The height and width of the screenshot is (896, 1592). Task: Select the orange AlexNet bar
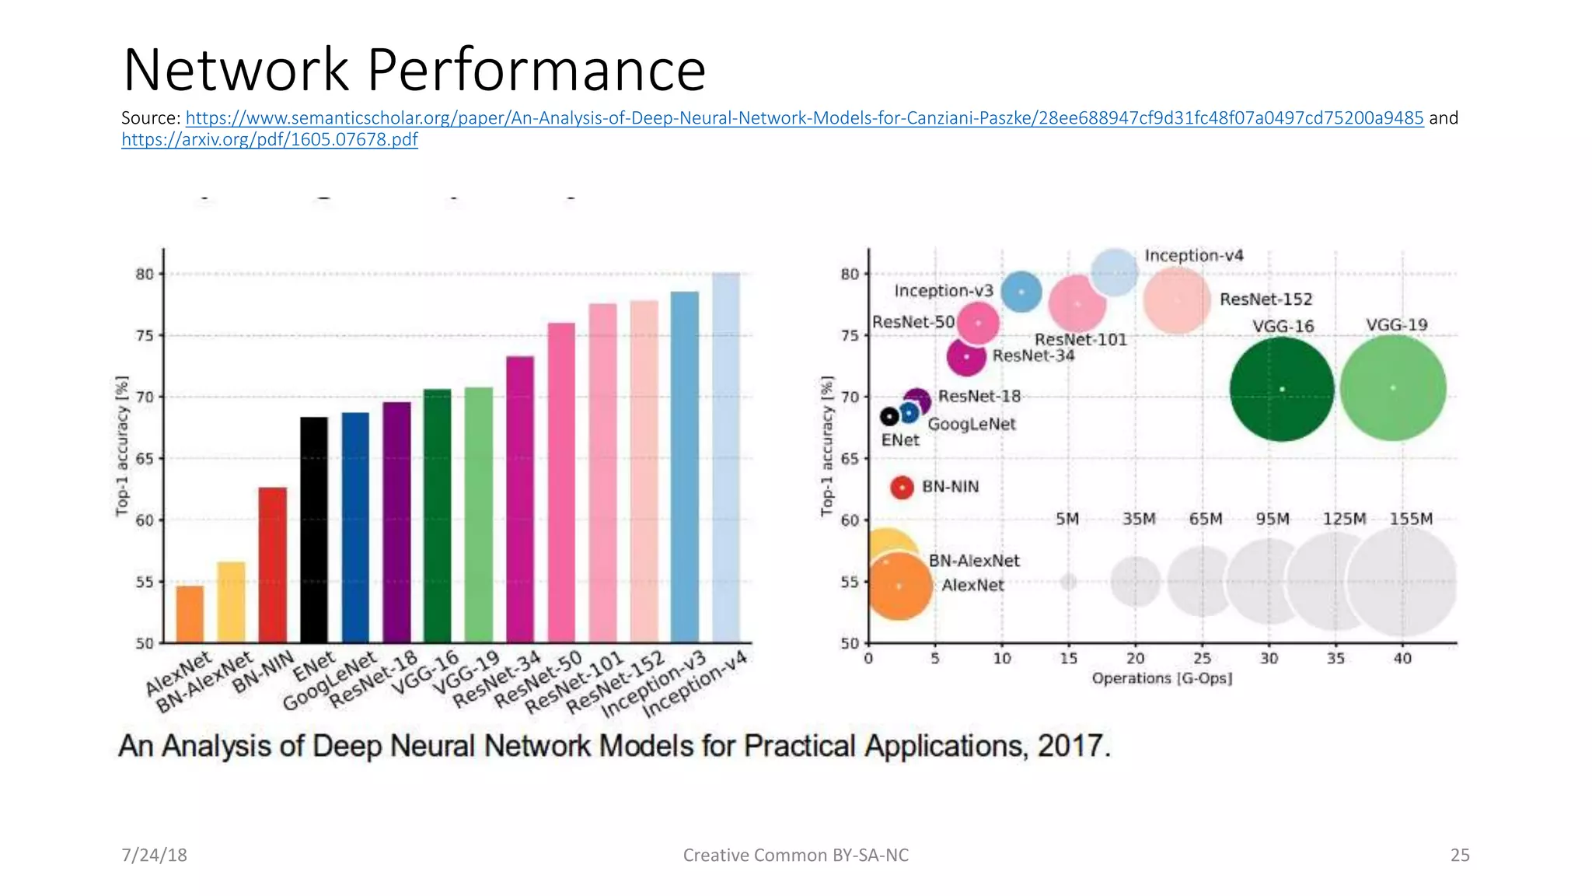tap(190, 614)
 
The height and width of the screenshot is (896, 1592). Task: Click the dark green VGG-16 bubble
tap(1282, 389)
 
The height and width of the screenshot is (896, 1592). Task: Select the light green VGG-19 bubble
tap(1393, 388)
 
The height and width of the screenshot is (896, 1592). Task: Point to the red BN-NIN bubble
tap(902, 488)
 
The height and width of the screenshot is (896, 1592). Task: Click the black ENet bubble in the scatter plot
tap(889, 417)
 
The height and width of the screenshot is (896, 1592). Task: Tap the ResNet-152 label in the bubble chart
tap(1266, 299)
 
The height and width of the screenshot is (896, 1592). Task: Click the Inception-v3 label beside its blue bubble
tap(944, 291)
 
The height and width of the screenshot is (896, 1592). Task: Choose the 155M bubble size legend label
tap(1411, 519)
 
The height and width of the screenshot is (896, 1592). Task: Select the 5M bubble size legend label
tap(1067, 519)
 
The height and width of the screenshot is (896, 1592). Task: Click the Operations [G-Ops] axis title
tap(1162, 678)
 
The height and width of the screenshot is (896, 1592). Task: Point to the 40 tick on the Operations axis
tap(1402, 659)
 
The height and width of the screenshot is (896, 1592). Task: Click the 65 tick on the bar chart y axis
tap(145, 459)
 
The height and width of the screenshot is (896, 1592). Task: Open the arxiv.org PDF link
tap(270, 140)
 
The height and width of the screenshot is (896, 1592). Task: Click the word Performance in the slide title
tap(536, 70)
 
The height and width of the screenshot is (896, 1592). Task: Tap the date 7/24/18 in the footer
tap(154, 856)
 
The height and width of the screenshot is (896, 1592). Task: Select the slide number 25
tap(1460, 856)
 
